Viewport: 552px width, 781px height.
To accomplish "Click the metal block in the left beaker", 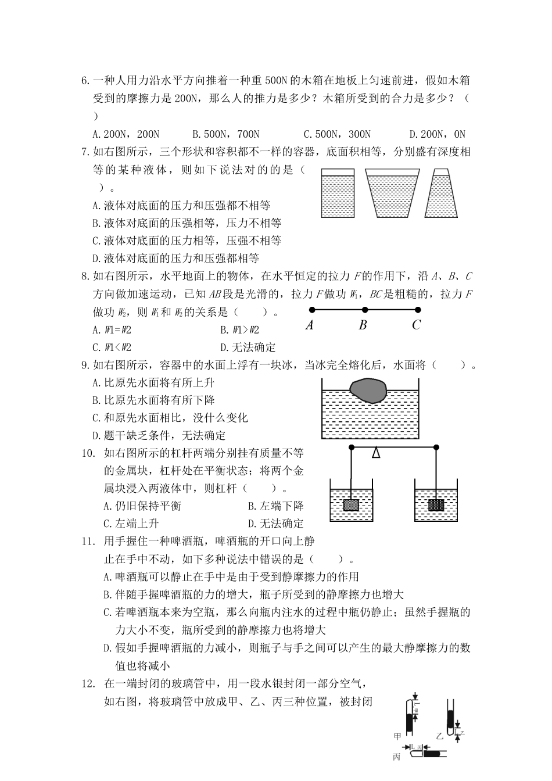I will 351,505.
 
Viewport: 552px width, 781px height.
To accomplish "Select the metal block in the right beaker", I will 436,505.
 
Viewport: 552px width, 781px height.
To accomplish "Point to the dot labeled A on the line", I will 311,310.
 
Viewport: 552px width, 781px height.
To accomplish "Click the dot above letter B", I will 365,310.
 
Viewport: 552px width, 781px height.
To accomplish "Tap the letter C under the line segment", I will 416,325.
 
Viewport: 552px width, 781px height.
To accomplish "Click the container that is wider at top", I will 392,194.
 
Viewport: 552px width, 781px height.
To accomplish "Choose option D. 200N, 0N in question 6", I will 437,134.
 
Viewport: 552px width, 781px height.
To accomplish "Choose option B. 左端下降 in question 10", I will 275,506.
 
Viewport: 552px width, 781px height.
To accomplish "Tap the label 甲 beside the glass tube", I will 398,736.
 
